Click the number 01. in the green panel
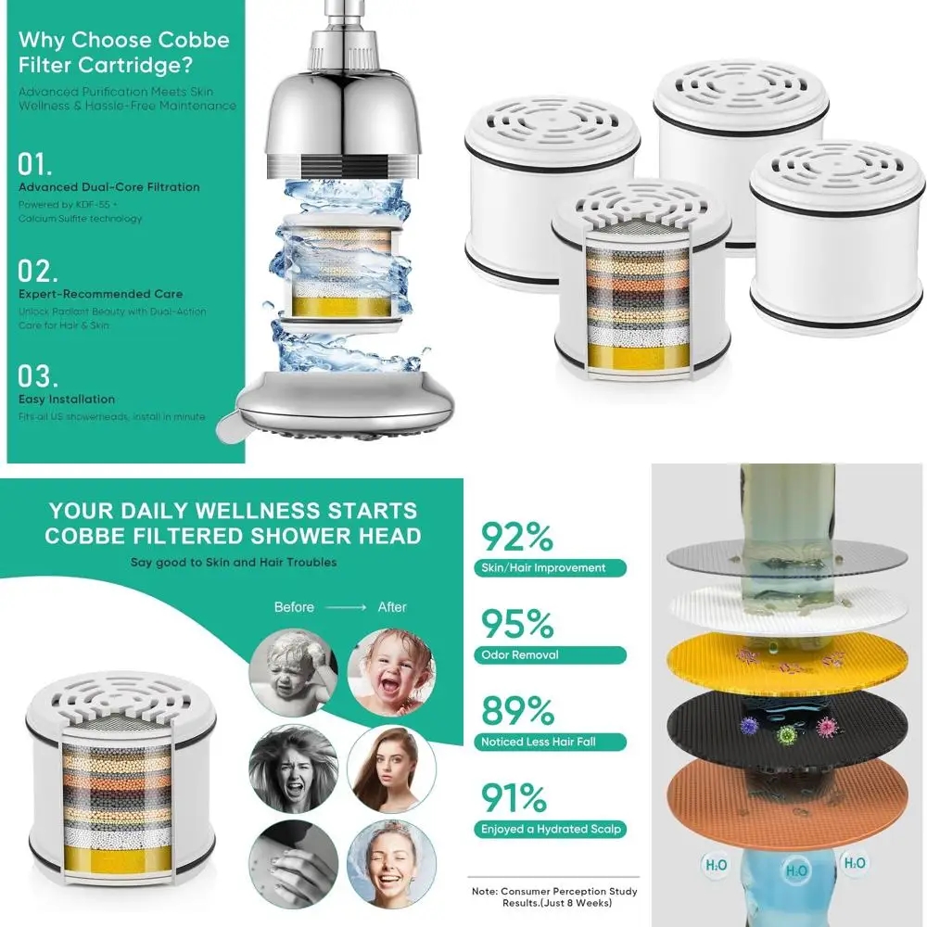(35, 165)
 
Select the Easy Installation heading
(67, 400)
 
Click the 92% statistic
(516, 538)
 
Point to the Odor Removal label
(520, 654)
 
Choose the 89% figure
(517, 712)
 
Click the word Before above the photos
(294, 607)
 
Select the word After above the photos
(392, 607)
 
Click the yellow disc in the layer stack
(783, 660)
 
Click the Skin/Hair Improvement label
(543, 567)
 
